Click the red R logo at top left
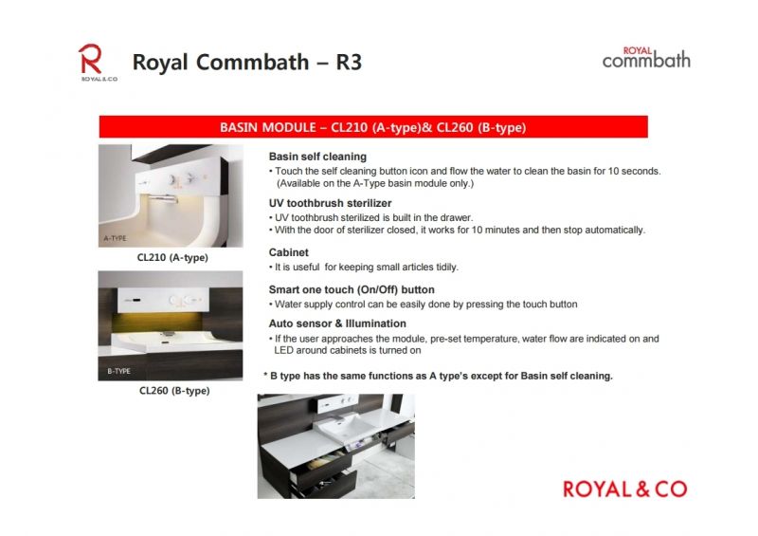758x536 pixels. click(x=90, y=59)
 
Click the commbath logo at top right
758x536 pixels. click(x=646, y=58)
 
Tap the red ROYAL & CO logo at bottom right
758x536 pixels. click(x=624, y=489)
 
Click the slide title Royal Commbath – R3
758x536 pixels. click(x=247, y=62)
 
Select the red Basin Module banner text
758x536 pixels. click(x=372, y=127)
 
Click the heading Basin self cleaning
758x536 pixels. click(x=317, y=157)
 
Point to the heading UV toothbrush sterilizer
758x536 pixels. click(x=330, y=203)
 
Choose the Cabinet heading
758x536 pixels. click(x=289, y=252)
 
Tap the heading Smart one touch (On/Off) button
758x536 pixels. click(x=352, y=289)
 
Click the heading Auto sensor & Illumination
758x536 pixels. click(x=337, y=323)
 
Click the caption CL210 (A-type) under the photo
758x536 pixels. click(x=172, y=258)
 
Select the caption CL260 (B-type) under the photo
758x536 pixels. click(x=174, y=391)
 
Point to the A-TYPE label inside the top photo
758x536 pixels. click(x=115, y=238)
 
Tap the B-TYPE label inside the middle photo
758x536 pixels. click(x=119, y=371)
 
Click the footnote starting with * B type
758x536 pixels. click(x=438, y=376)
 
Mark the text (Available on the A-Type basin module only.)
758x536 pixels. click(x=375, y=183)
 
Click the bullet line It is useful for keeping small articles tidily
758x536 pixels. click(x=364, y=267)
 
